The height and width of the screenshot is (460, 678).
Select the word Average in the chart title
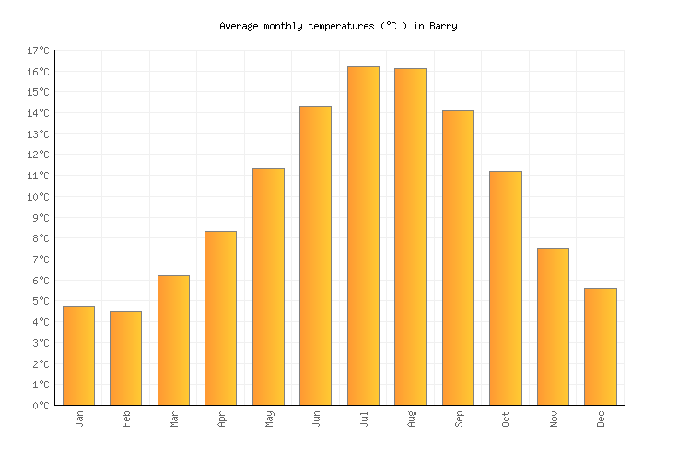(237, 26)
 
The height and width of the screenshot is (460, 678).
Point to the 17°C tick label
(39, 51)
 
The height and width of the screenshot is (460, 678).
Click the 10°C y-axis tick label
(39, 197)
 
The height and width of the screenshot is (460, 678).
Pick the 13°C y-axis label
(39, 134)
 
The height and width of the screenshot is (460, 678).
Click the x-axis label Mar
(173, 419)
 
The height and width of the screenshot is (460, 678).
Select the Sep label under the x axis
(458, 419)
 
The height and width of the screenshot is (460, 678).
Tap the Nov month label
(553, 419)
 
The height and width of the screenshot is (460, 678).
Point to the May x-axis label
(268, 419)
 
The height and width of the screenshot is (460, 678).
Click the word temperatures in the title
(321, 26)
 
